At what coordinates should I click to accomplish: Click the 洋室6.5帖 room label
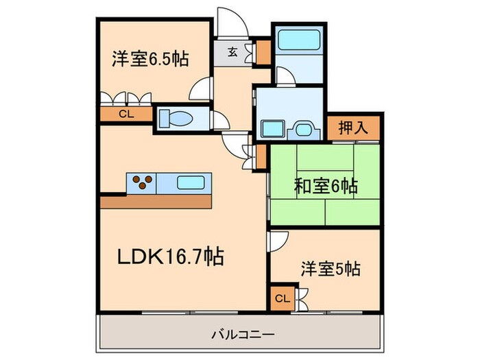tap(150, 60)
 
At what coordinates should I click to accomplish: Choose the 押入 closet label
tap(353, 128)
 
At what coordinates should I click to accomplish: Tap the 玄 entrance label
tap(233, 50)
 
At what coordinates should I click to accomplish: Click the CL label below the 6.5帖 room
tap(125, 115)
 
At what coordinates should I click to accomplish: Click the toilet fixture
tap(176, 119)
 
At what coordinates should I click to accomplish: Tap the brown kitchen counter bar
tap(157, 202)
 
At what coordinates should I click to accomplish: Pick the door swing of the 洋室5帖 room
tap(277, 241)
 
